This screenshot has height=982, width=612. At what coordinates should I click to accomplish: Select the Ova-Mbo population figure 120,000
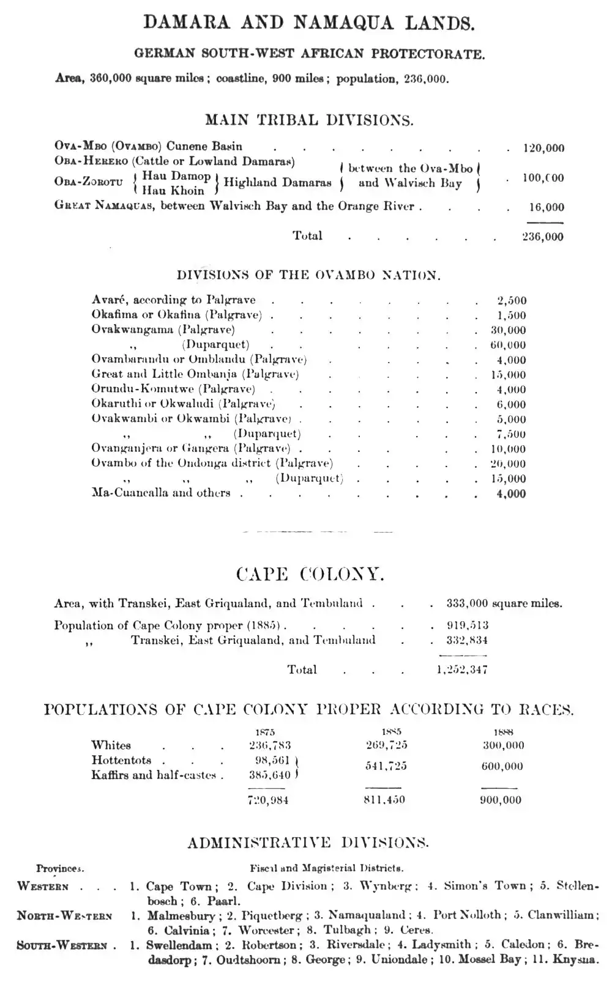(543, 148)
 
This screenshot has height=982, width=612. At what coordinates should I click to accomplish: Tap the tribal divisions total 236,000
(543, 237)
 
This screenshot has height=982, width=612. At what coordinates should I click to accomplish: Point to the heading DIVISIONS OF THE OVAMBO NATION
(308, 275)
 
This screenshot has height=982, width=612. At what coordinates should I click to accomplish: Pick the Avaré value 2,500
(512, 301)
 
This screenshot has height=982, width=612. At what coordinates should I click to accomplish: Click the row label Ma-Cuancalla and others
(161, 493)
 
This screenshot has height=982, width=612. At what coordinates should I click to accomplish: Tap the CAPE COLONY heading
(310, 575)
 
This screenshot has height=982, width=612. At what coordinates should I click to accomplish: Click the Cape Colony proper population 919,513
(468, 626)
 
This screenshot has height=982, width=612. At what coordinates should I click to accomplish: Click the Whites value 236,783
(270, 745)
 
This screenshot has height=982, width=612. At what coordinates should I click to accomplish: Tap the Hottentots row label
(121, 761)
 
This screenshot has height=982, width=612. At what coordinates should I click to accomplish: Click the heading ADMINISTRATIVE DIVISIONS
(308, 843)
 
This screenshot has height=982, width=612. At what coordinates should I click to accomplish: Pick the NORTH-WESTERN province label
(64, 916)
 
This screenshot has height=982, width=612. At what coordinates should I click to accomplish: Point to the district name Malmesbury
(181, 916)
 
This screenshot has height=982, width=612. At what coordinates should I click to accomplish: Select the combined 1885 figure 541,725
(386, 766)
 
